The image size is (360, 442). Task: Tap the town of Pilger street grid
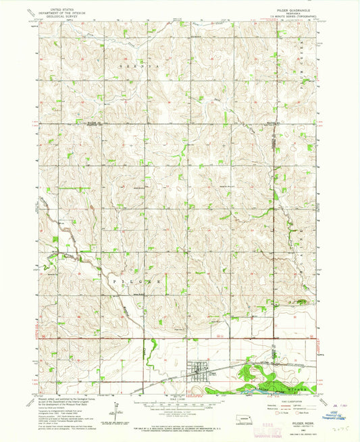[202, 370]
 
